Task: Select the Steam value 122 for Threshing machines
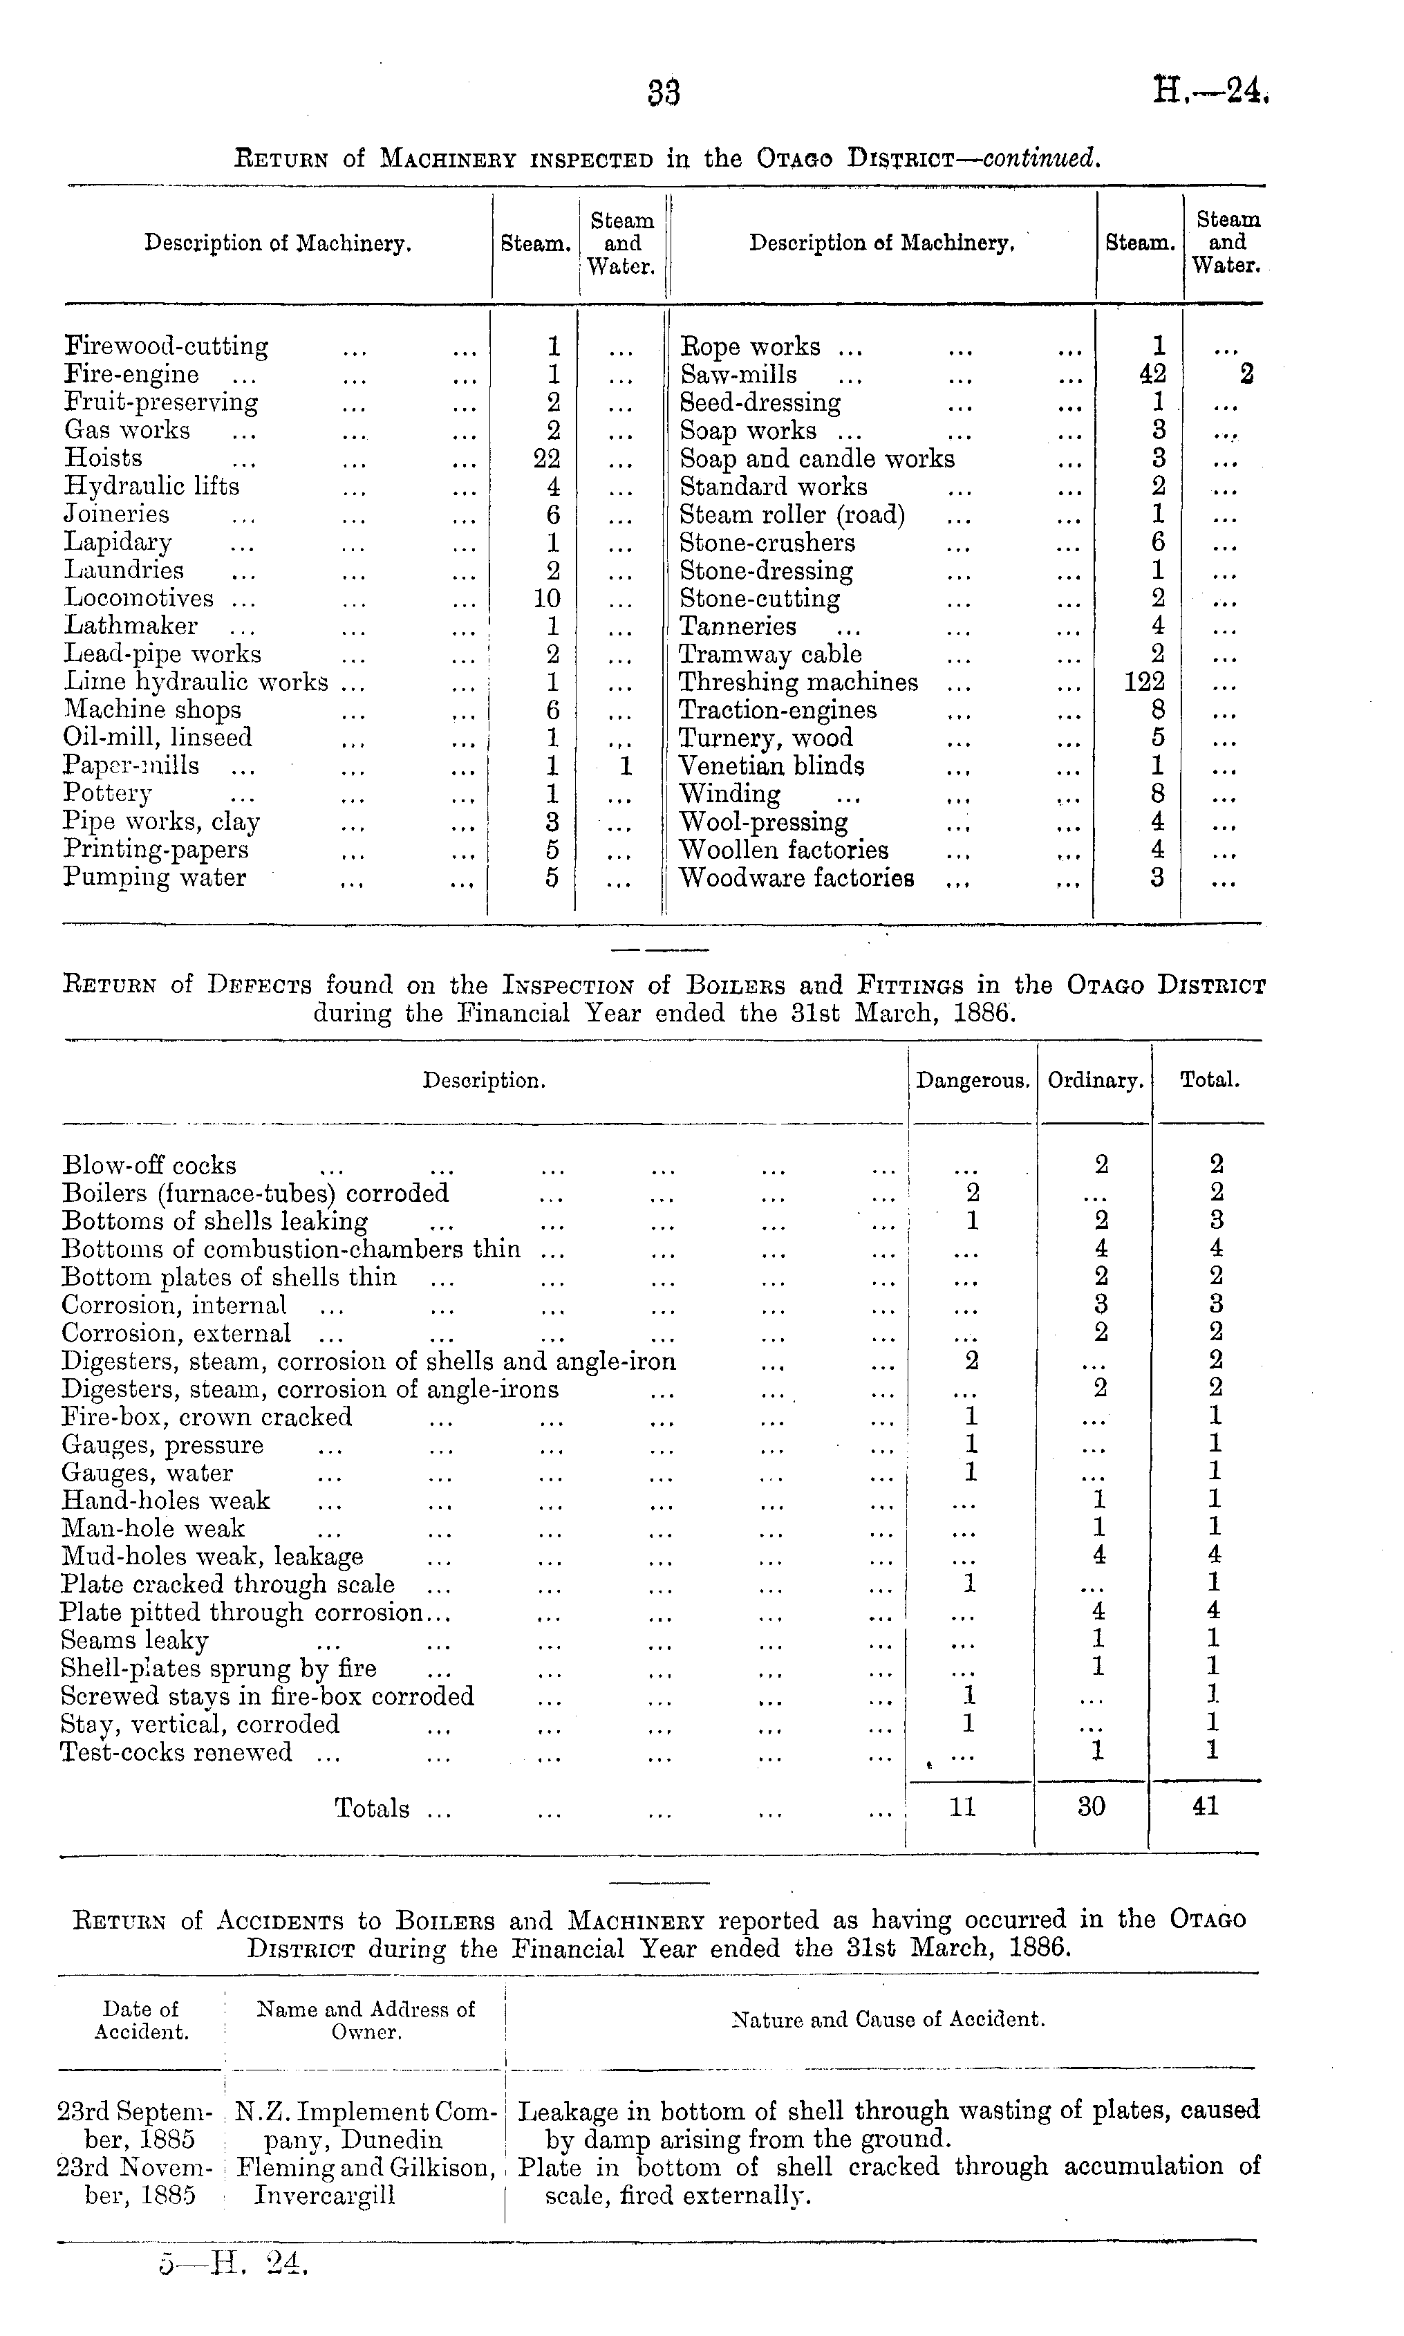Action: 1144,682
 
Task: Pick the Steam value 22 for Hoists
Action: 547,458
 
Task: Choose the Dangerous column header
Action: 973,1080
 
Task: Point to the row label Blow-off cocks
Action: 149,1166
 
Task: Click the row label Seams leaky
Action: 134,1640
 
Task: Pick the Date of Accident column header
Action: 141,2020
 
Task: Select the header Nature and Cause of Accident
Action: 888,2020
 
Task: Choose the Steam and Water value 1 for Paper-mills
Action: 624,766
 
